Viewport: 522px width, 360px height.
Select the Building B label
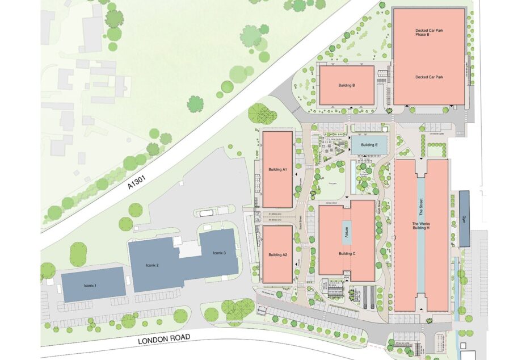click(346, 86)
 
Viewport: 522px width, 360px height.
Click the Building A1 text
click(277, 170)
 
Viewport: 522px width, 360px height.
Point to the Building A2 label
click(277, 255)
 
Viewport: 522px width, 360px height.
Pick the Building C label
click(346, 253)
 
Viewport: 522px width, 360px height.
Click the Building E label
click(369, 145)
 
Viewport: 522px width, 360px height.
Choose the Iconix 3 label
click(220, 253)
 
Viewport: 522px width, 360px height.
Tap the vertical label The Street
click(421, 205)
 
